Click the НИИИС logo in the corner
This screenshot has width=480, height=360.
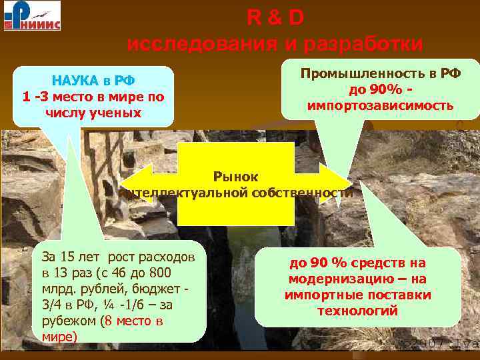[31, 16]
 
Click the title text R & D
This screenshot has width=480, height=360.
[275, 19]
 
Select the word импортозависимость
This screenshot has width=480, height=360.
[380, 105]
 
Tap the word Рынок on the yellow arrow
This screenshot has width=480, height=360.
[235, 177]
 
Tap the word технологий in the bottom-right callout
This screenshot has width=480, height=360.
[358, 311]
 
